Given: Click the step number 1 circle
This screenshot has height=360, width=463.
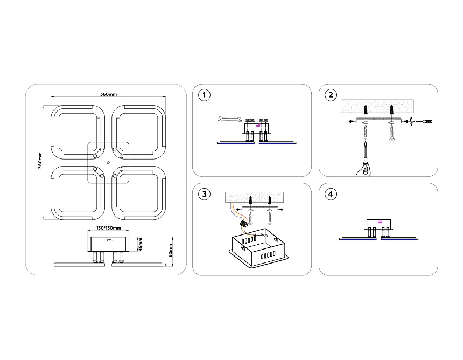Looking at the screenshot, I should [204, 95].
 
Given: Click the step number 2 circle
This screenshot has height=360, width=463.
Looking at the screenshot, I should [331, 95].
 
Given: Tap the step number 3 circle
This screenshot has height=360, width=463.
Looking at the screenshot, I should [204, 194].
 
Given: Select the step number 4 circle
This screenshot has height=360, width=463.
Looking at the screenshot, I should [331, 194].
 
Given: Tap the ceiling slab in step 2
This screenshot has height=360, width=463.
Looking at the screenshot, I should [377, 107].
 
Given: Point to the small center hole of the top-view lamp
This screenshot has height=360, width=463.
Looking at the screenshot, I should [108, 162].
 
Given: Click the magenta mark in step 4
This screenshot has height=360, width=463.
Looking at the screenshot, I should [381, 220].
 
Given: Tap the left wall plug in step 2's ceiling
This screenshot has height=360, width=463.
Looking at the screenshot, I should [366, 110].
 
